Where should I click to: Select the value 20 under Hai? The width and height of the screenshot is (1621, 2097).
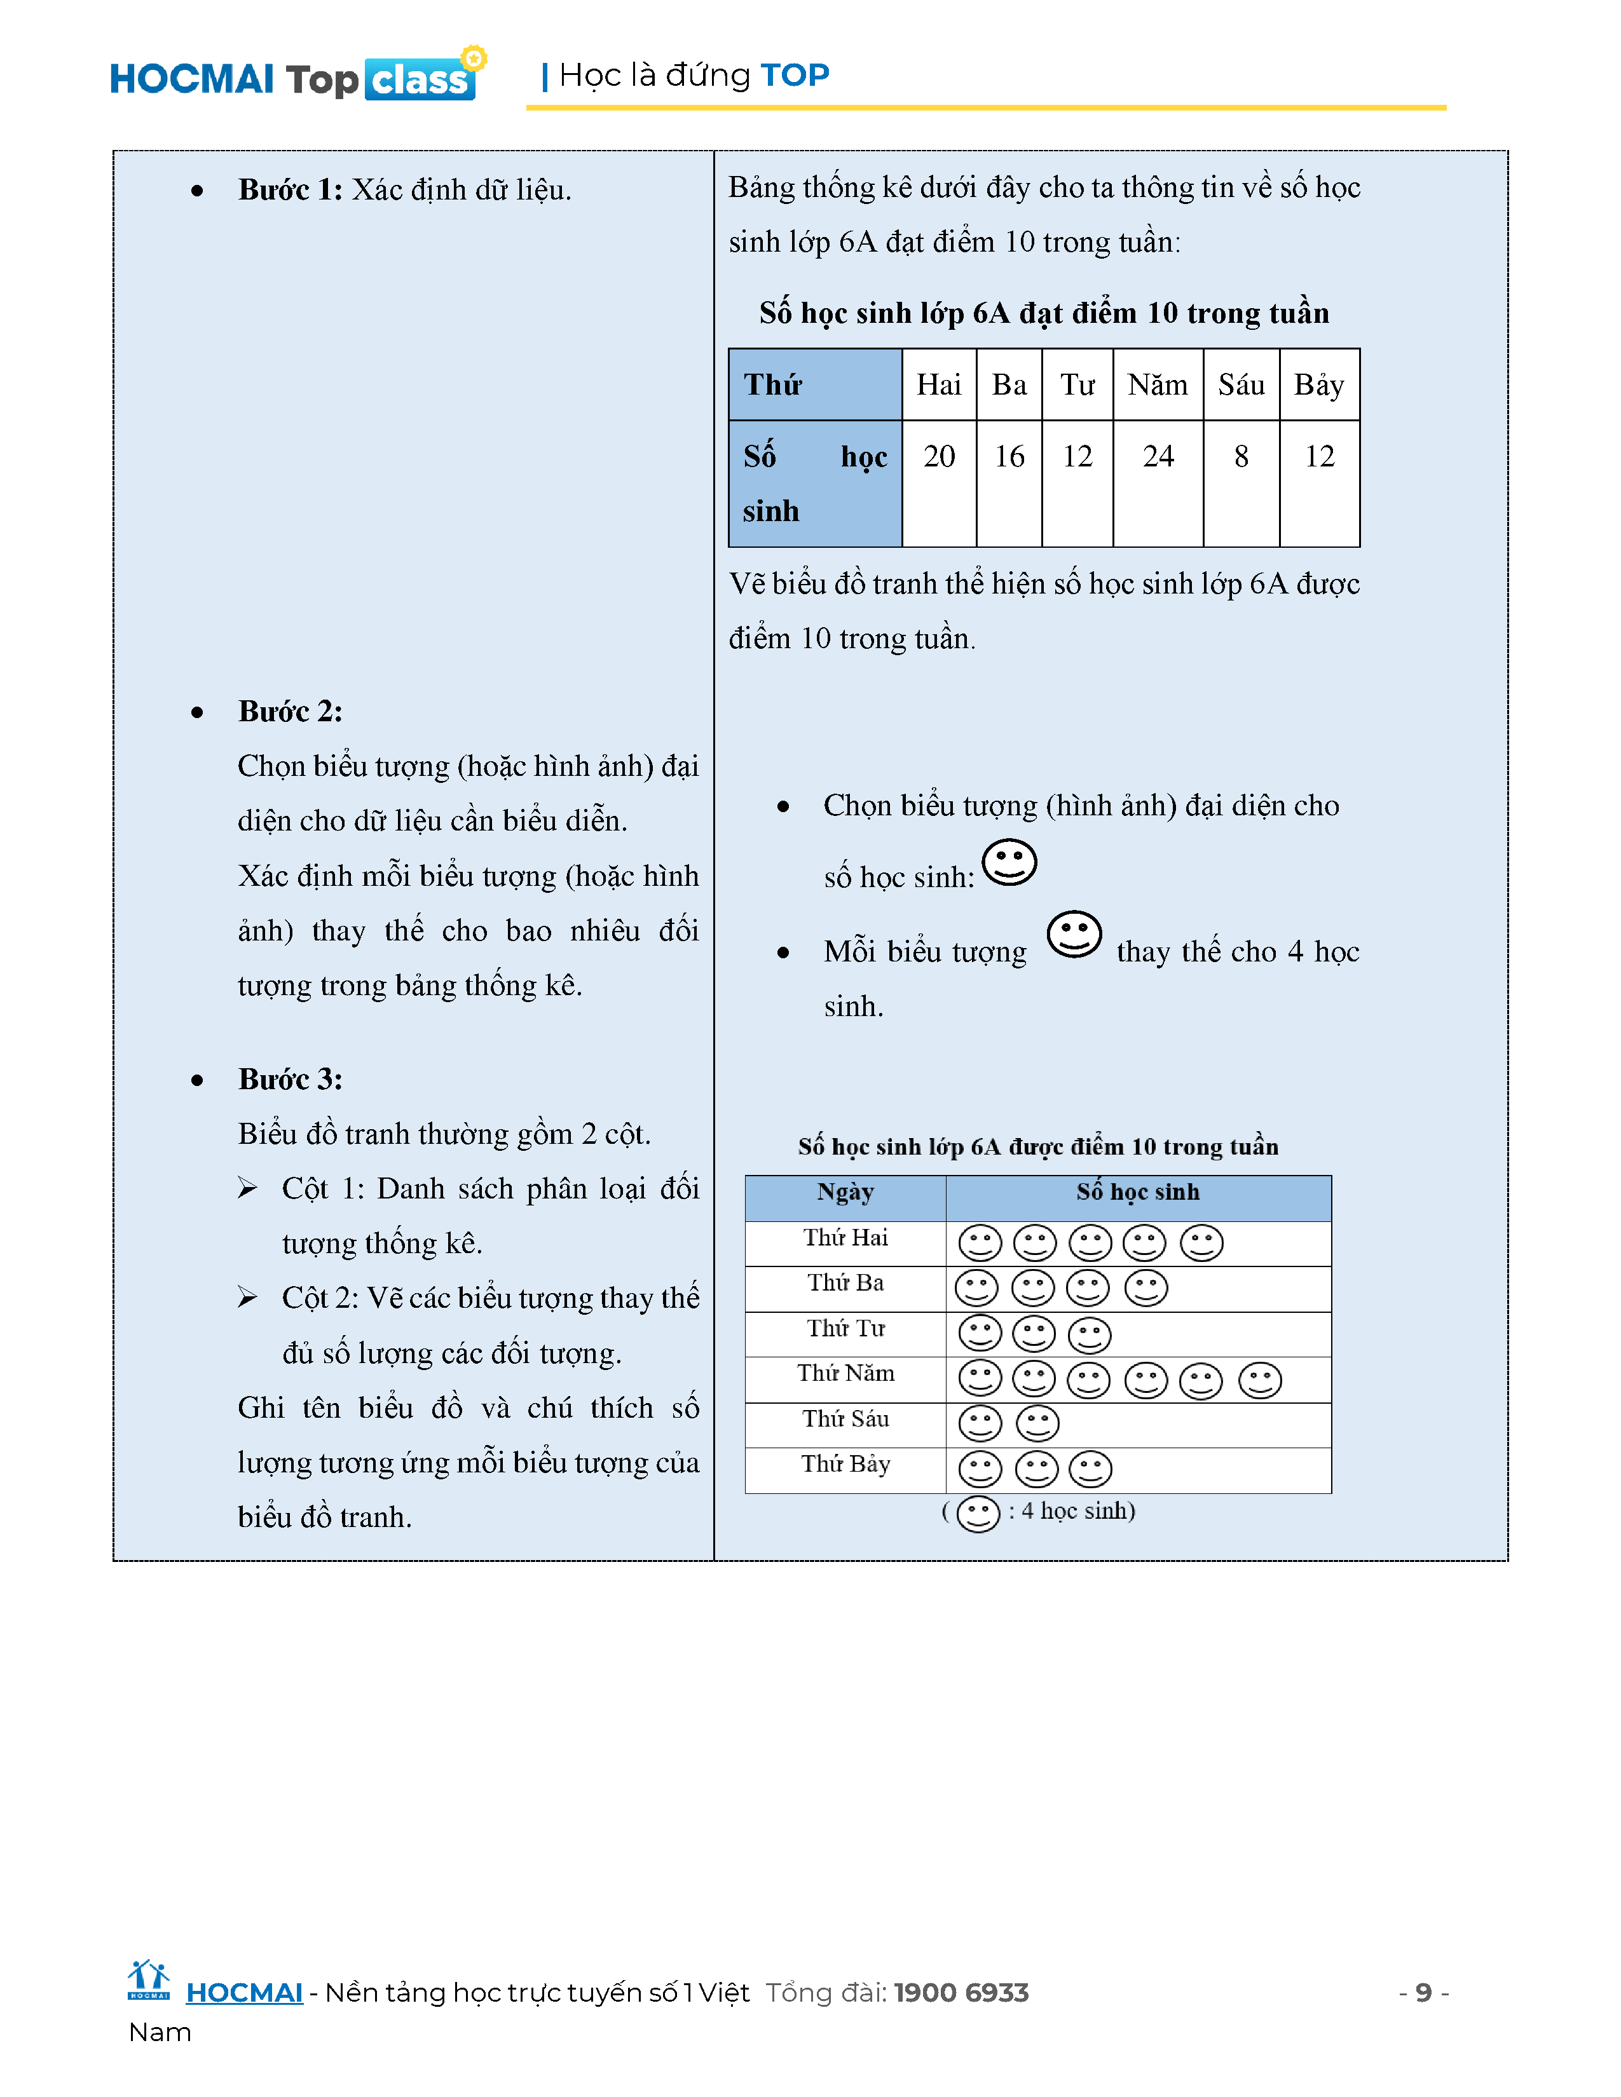938,456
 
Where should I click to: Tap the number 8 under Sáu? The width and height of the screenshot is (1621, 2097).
1241,456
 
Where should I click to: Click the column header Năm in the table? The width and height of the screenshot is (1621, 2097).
1157,385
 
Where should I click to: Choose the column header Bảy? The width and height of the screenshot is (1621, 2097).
1318,385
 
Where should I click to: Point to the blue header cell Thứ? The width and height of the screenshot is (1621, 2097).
773,385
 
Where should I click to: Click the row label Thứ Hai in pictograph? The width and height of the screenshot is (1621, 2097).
845,1238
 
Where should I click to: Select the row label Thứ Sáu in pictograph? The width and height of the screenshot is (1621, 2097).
845,1419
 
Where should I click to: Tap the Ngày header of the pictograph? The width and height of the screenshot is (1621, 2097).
845,1193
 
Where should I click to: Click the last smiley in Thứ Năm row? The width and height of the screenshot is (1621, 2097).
1260,1381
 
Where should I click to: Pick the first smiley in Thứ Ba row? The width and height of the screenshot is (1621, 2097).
976,1289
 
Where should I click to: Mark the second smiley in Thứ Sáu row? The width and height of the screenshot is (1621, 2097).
1037,1424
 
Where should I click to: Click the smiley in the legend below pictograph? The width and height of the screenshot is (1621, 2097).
978,1514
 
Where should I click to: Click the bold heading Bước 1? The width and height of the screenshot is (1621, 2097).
290,190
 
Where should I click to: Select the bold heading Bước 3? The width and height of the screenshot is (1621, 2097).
290,1079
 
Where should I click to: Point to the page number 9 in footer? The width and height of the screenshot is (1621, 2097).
1423,1992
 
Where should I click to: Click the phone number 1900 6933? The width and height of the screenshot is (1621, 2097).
961,1992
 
